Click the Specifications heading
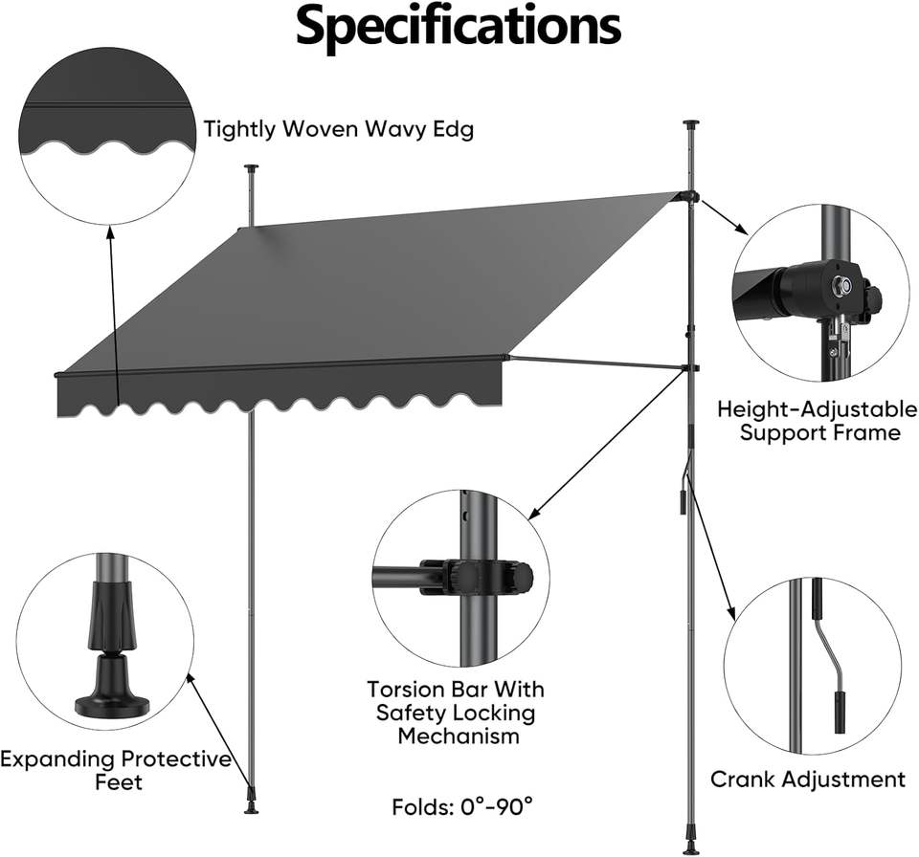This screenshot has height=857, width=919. (x=459, y=28)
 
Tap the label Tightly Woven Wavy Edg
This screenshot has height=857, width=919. (x=338, y=129)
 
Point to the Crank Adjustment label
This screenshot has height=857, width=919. (x=807, y=780)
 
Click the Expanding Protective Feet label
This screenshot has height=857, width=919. (x=115, y=771)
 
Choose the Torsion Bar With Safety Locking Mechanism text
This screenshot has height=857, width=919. (x=455, y=713)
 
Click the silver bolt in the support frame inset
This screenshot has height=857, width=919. (x=840, y=284)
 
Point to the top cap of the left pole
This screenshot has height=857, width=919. (x=252, y=169)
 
